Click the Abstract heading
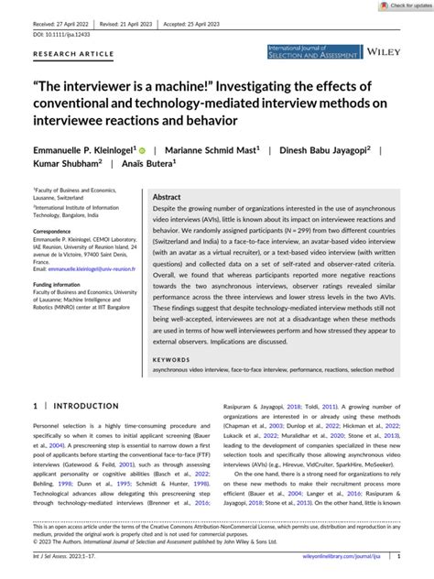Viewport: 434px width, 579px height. [x=166, y=197]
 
